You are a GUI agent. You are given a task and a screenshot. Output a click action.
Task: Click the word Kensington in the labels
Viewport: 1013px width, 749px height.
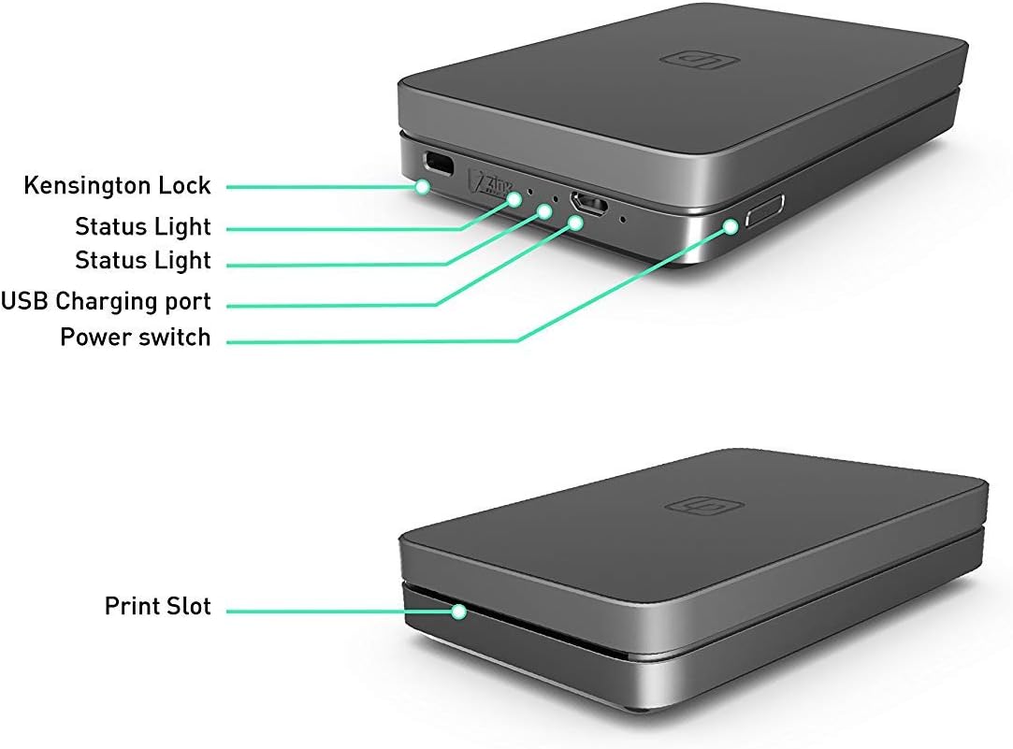91,186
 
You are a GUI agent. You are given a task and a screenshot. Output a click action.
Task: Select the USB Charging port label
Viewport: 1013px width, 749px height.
106,301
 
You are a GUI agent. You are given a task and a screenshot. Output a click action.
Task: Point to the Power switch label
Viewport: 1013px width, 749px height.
135,337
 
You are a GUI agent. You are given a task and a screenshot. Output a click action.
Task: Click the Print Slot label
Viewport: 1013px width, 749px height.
157,606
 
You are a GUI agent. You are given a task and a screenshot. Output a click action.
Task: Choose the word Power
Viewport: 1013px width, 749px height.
96,337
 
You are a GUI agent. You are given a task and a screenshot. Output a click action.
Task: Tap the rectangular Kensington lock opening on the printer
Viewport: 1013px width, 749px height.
438,164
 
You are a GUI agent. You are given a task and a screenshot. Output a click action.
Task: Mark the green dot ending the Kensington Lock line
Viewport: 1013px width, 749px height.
423,187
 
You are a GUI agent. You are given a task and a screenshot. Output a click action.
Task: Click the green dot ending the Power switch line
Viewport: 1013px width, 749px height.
731,224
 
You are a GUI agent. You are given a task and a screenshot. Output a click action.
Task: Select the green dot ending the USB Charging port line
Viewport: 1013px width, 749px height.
576,222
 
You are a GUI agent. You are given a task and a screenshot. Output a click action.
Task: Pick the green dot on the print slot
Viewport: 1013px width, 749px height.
458,612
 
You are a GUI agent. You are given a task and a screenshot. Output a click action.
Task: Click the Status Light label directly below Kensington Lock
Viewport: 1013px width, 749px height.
142,226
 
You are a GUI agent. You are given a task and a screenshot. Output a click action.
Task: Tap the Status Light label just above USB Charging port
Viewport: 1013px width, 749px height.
142,260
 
